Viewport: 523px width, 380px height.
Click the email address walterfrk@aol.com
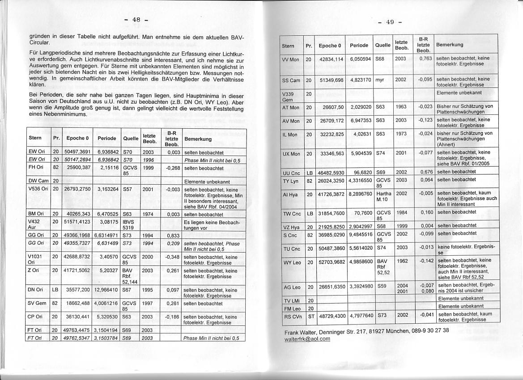tap(307, 338)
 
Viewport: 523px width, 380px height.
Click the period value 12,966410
tap(106, 290)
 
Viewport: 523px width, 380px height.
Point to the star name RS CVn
tap(292, 315)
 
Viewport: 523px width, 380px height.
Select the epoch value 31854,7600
tap(331, 213)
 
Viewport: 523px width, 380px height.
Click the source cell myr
tap(380, 80)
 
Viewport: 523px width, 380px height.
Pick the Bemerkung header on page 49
tap(450, 45)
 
